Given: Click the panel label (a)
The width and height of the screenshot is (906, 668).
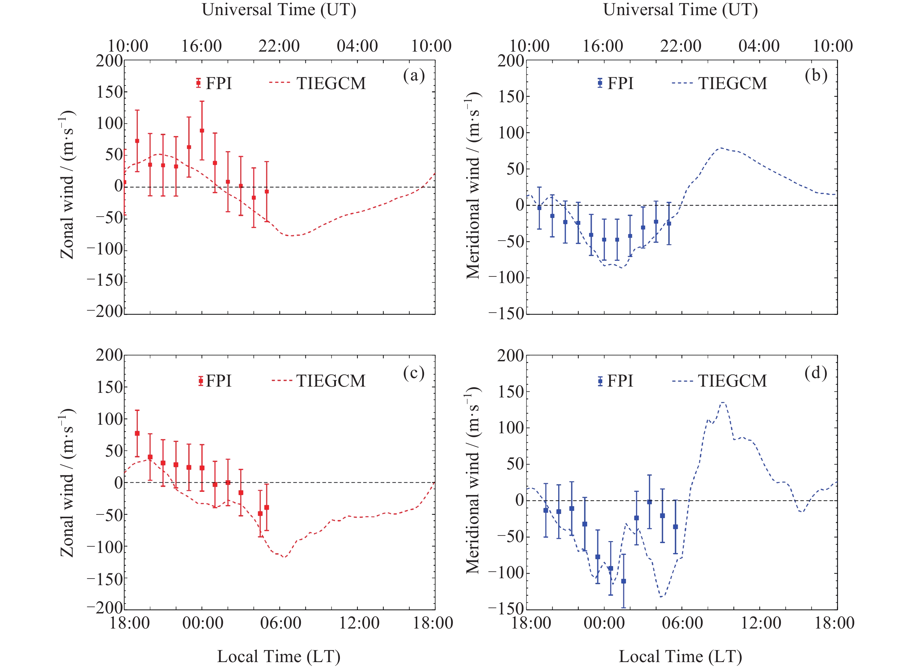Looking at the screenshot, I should coord(414,76).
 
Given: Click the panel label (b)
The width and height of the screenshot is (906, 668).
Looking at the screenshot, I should coord(816,76).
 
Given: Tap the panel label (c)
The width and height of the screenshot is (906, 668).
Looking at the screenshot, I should coord(414,373).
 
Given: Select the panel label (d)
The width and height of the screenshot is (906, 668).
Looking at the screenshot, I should coord(816,373).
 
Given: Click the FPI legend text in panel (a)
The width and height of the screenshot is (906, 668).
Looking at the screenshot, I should coord(219,83).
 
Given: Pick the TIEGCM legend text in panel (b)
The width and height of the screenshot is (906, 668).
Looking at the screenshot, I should coord(732,83).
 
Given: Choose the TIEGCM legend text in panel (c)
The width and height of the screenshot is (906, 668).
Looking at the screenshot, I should coord(331,381).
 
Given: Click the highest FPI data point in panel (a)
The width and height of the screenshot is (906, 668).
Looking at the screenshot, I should coord(202,131).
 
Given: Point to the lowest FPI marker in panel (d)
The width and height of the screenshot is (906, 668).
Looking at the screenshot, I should coord(623,581).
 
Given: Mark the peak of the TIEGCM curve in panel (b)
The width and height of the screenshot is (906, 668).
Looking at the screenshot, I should coord(720,148).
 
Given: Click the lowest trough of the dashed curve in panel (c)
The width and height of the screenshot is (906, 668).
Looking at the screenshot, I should coord(285,557).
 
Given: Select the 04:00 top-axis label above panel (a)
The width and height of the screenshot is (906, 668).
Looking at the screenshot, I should coord(357,46).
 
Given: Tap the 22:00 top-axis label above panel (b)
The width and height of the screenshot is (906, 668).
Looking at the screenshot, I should coord(681,46).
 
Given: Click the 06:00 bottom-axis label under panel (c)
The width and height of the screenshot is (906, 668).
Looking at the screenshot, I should coord(280,623).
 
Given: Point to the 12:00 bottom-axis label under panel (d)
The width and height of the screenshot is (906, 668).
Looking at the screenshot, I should coord(760,623).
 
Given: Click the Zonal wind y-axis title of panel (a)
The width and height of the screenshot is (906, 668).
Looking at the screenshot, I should coord(67,184).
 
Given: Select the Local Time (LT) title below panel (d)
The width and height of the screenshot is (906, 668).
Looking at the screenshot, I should coord(680,657).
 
